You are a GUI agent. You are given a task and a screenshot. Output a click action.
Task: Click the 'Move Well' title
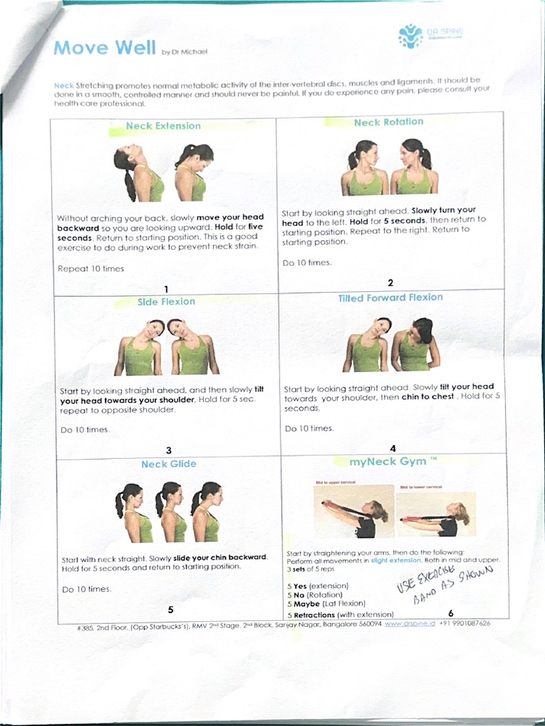pyautogui.click(x=105, y=48)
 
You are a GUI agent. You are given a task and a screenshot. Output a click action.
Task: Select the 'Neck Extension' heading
pyautogui.click(x=163, y=126)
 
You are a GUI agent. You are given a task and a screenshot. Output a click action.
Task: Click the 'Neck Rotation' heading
pyautogui.click(x=388, y=123)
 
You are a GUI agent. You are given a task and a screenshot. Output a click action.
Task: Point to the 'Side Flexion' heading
pyautogui.click(x=166, y=302)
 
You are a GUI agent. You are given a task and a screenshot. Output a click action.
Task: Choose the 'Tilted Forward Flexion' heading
pyautogui.click(x=390, y=298)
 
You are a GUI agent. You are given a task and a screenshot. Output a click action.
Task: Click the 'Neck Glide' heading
pyautogui.click(x=168, y=464)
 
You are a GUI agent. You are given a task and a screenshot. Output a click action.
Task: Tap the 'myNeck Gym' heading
pyautogui.click(x=388, y=462)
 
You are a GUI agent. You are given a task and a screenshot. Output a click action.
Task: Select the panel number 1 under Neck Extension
pyautogui.click(x=166, y=289)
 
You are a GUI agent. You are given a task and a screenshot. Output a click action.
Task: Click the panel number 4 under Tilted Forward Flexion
pyautogui.click(x=392, y=448)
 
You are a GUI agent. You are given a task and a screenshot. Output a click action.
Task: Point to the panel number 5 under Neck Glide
pyautogui.click(x=170, y=609)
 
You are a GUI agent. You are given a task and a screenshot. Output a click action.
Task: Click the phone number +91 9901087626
pyautogui.click(x=465, y=624)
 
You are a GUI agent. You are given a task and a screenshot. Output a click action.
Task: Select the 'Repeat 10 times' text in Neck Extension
pyautogui.click(x=91, y=269)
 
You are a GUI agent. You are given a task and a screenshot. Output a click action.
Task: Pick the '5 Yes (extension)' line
pyautogui.click(x=317, y=586)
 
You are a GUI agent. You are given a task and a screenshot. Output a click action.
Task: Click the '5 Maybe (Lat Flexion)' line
pyautogui.click(x=326, y=604)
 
